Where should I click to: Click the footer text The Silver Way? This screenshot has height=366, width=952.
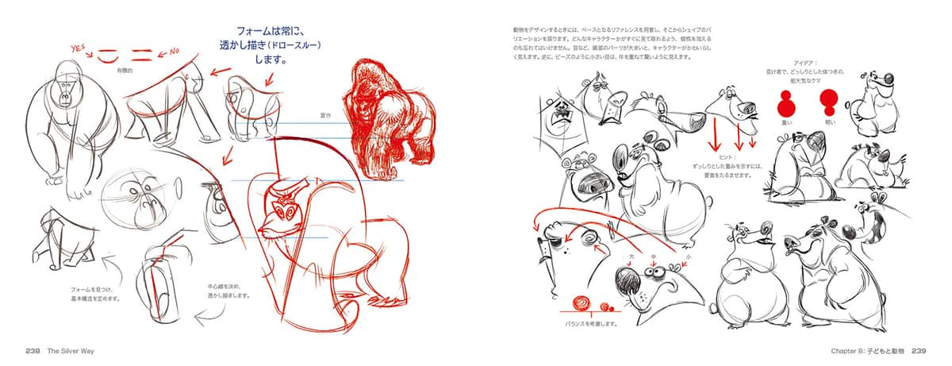click(71, 350)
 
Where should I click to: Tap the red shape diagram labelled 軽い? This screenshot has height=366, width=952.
click(830, 103)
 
